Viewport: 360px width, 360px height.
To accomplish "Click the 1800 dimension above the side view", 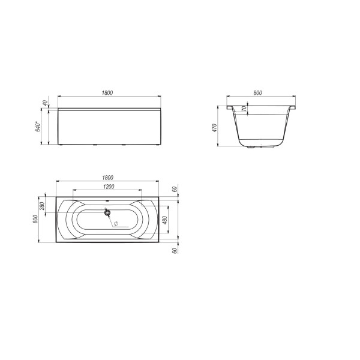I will (x=108, y=93).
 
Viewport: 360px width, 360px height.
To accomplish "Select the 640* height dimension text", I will (x=38, y=127).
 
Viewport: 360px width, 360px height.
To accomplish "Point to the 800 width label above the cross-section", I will (x=257, y=93).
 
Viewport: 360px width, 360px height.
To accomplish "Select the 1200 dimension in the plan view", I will (x=108, y=187).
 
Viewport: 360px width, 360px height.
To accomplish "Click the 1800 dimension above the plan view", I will (x=108, y=178).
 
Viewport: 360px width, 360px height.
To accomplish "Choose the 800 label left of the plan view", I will (x=36, y=219).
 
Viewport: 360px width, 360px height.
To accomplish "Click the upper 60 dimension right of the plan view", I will (x=174, y=189).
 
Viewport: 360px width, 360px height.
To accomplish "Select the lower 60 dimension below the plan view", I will (x=174, y=250).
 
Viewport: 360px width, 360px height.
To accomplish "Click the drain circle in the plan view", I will (x=107, y=212).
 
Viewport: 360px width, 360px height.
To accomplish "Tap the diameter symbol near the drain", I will (x=116, y=224).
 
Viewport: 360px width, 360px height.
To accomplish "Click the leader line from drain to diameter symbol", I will (x=111, y=218).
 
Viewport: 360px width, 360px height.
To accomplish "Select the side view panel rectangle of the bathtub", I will (x=108, y=127).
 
